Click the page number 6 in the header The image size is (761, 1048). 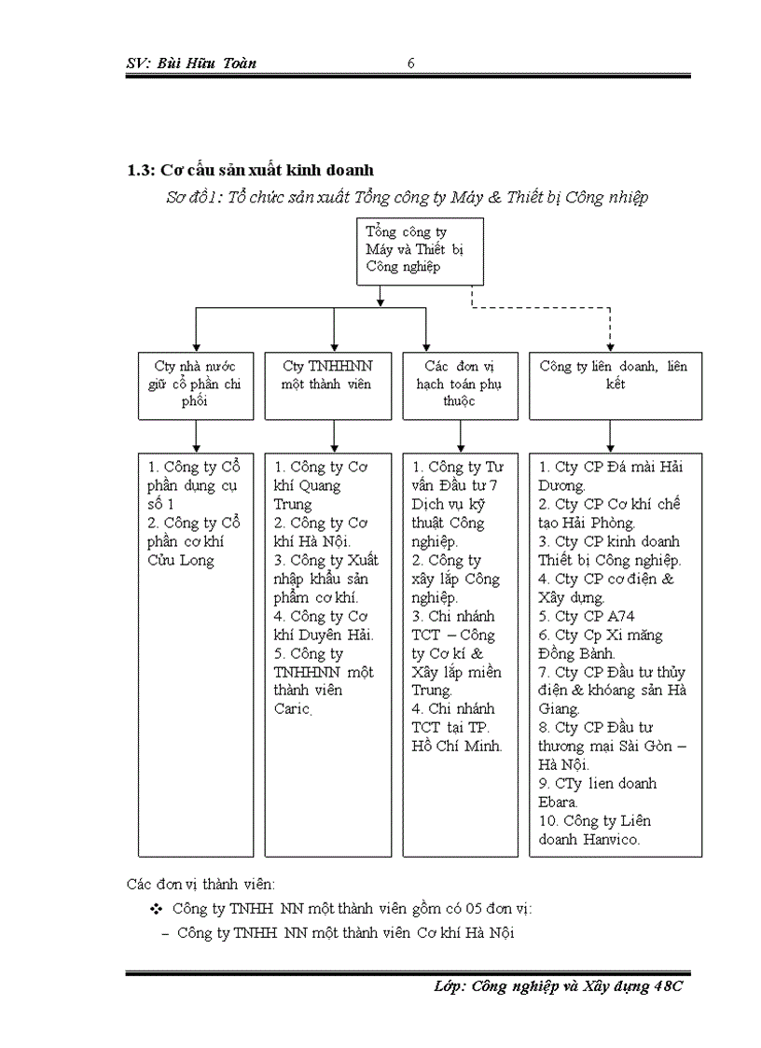(x=411, y=63)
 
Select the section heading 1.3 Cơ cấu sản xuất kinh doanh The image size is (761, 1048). (x=250, y=170)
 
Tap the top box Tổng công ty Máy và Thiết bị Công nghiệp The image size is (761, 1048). (x=420, y=250)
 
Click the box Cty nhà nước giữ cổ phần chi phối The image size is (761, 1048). (x=195, y=384)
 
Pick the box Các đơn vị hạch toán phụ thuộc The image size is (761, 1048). (x=460, y=384)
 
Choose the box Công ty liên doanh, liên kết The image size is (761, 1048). (x=615, y=384)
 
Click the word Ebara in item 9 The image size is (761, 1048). (x=558, y=802)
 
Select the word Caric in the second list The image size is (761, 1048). (x=291, y=709)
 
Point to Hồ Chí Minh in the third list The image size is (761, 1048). (x=457, y=746)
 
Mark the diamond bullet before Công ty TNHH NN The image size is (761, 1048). (x=156, y=909)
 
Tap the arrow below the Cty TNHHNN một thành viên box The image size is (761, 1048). (x=334, y=435)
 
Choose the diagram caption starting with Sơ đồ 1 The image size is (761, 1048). (x=406, y=197)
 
